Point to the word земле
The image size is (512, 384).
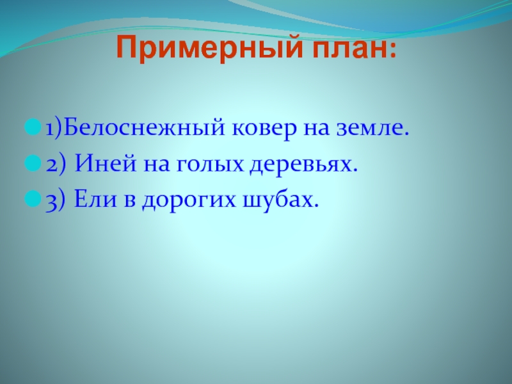point(372,129)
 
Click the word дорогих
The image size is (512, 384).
point(188,200)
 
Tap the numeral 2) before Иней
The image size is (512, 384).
point(56,164)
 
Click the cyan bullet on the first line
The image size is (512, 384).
point(33,127)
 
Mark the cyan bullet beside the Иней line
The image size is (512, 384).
point(33,163)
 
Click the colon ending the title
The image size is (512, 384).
point(392,51)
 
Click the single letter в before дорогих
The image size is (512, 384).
point(129,200)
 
